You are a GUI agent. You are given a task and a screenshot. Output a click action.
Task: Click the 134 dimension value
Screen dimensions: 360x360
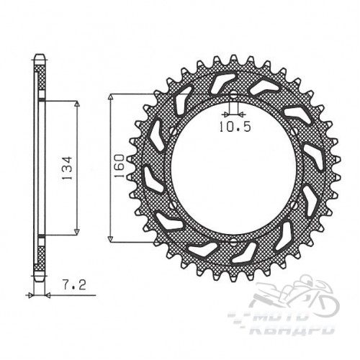pyautogui.click(x=67, y=168)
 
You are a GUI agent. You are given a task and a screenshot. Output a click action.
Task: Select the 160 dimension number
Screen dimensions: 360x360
pyautogui.click(x=120, y=166)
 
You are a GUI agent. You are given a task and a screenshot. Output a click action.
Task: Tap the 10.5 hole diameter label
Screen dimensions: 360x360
pyautogui.click(x=235, y=127)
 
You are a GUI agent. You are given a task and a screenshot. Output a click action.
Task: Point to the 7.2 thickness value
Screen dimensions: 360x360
pyautogui.click(x=74, y=285)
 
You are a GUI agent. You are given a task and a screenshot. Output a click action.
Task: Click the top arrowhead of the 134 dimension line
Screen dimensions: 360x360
pyautogui.click(x=77, y=104)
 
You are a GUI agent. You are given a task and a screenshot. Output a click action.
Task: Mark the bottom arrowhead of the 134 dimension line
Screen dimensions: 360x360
pyautogui.click(x=77, y=232)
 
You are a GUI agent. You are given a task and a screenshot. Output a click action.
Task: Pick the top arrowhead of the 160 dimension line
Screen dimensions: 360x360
pyautogui.click(x=110, y=96)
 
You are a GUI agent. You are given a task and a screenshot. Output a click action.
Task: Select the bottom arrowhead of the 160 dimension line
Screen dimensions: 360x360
pyautogui.click(x=110, y=239)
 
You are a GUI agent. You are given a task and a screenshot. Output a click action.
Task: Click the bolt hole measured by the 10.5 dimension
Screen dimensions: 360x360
pyautogui.click(x=233, y=96)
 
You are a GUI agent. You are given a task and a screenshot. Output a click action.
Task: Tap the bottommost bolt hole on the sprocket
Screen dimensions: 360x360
pyautogui.click(x=233, y=241)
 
